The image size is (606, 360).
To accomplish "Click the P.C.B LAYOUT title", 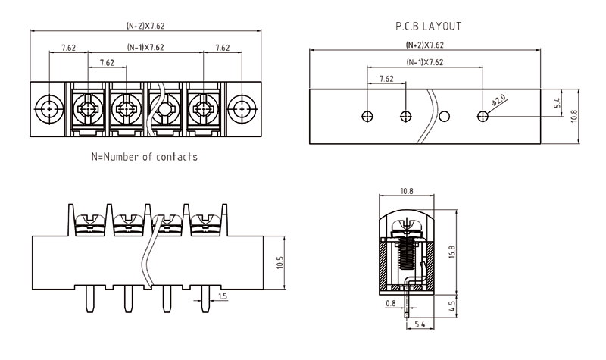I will pos(427,26).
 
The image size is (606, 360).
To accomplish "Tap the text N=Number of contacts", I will pos(144,158).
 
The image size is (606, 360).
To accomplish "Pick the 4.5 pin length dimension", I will pos(453,308).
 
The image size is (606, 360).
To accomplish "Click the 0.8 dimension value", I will pos(390,304).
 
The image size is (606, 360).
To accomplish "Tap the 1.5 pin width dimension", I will pos(221,296).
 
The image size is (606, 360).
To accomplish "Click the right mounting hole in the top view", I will pos(242,109).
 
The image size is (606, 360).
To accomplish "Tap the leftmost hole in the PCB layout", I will pos(367,116).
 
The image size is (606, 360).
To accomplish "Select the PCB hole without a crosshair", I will pos(445,116).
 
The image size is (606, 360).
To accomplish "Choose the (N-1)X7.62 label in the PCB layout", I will pos(424,62).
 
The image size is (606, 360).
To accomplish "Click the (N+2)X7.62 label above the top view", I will pos(145,26).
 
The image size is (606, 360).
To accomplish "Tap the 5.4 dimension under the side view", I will pos(419,324).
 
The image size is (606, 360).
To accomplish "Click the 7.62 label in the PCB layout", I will pos(386,78).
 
